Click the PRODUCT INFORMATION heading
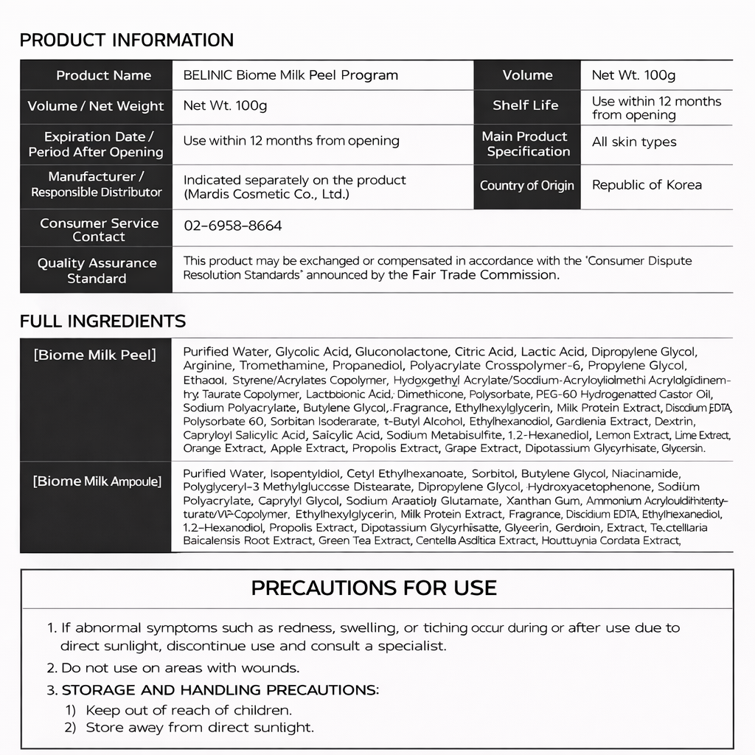(x=126, y=40)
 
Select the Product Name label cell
(x=103, y=75)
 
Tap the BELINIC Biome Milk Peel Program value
(x=290, y=75)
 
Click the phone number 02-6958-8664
(x=232, y=226)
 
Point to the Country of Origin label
(x=526, y=185)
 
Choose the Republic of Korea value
(x=647, y=185)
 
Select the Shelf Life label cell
(x=526, y=105)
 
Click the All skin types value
(x=634, y=142)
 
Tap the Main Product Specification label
(x=526, y=144)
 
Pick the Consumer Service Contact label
(x=99, y=229)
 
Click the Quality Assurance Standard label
(x=97, y=271)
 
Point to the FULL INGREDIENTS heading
(x=102, y=321)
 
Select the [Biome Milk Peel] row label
(x=95, y=355)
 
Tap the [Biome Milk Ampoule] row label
(x=97, y=481)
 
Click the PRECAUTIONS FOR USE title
(x=374, y=588)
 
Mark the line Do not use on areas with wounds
(x=180, y=668)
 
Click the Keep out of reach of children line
(x=189, y=710)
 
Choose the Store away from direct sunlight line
(x=199, y=727)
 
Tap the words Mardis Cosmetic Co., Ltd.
(x=266, y=195)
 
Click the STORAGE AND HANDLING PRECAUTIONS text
(x=220, y=690)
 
